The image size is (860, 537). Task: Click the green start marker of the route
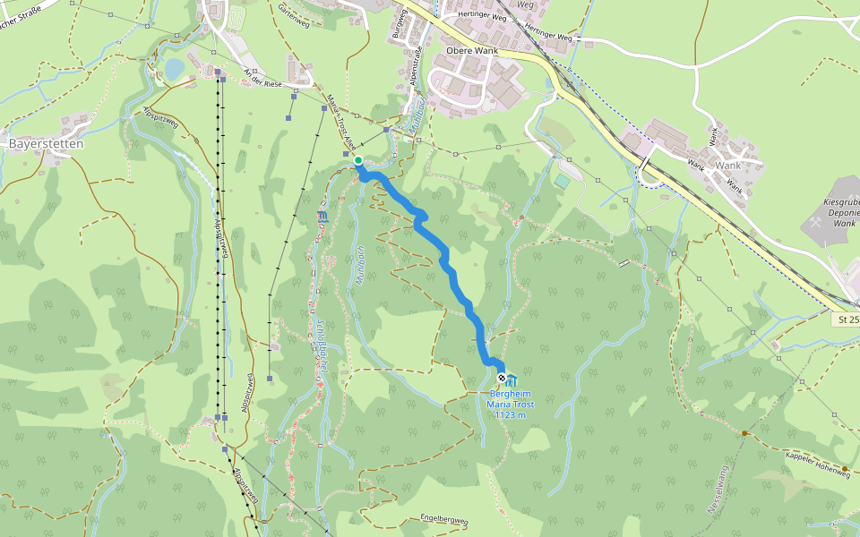point(358,160)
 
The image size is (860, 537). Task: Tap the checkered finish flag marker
point(501,379)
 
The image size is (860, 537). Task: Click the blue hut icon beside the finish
point(512,379)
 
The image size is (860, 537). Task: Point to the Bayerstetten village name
point(46,143)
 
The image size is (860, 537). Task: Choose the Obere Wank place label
point(471,51)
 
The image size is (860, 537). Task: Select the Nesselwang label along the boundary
point(717,489)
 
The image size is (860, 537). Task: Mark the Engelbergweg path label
point(444,519)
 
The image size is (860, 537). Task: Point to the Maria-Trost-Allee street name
point(340,122)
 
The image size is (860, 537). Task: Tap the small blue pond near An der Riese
point(175,69)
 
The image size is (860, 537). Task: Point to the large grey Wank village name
point(727,166)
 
